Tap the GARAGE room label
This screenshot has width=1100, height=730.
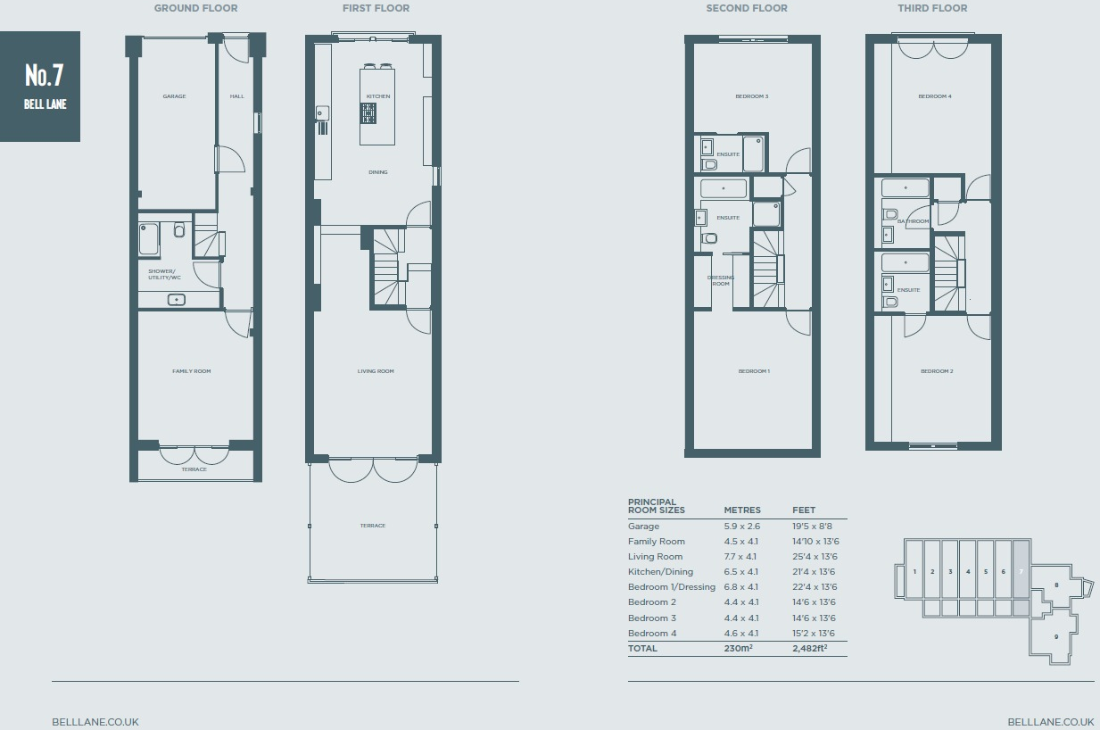point(174,96)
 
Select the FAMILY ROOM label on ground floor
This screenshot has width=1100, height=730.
point(191,371)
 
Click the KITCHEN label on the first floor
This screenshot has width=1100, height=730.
point(377,96)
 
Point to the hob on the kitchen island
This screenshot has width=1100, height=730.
point(368,113)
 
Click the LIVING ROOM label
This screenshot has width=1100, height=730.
point(376,371)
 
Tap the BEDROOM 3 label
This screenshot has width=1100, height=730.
point(751,96)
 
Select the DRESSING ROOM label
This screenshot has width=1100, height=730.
point(721,280)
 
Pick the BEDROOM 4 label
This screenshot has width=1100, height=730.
point(935,96)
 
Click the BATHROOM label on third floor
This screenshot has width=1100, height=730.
point(914,221)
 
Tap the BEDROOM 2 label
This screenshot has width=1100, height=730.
point(937,371)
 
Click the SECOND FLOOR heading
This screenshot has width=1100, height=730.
point(746,9)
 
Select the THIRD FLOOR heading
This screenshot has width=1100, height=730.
point(932,9)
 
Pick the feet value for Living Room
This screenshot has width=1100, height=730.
point(814,557)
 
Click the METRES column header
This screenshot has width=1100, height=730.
point(742,510)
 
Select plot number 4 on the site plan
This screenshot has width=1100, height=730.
point(968,571)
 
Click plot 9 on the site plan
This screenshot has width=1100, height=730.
point(1056,636)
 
